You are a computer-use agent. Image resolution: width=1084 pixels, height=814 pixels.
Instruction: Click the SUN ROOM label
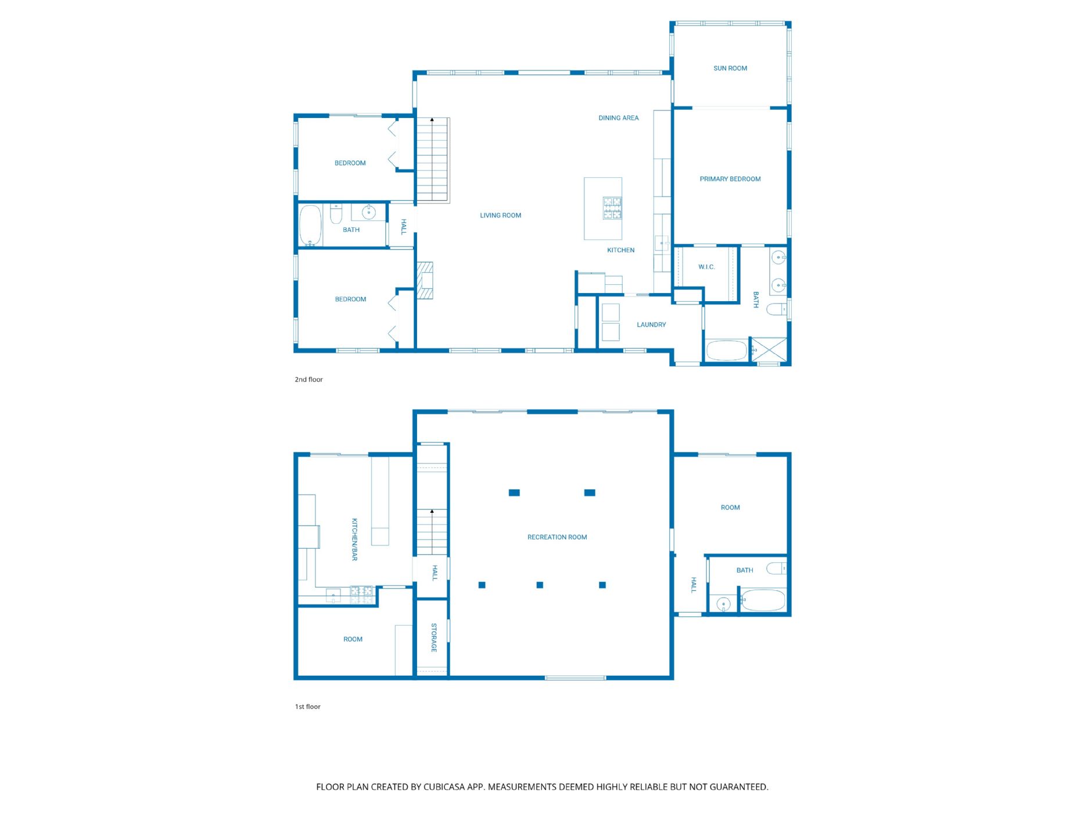pos(730,69)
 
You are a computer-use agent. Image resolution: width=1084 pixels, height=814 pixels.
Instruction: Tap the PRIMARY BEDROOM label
pos(730,179)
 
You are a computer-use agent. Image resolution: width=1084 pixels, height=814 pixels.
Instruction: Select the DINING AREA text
pos(619,118)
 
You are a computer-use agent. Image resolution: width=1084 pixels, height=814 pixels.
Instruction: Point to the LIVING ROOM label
pos(501,216)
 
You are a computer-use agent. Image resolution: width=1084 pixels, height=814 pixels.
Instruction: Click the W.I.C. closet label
pos(706,267)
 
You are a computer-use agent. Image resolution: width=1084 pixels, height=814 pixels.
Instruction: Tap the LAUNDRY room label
pos(651,325)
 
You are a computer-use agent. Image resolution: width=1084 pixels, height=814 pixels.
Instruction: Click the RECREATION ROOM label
pos(557,537)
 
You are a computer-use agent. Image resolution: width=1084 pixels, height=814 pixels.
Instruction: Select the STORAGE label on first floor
pos(434,638)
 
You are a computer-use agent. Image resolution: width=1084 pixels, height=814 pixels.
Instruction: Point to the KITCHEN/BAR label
pos(354,540)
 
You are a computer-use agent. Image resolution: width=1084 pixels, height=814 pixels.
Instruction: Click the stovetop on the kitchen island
pos(612,208)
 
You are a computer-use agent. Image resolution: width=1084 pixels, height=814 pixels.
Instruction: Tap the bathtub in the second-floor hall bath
pos(311,225)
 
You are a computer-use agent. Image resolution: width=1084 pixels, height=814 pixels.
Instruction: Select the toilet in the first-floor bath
pos(776,568)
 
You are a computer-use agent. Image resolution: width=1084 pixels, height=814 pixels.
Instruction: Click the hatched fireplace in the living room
pos(425,281)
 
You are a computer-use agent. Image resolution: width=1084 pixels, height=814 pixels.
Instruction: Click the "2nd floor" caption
pos(308,380)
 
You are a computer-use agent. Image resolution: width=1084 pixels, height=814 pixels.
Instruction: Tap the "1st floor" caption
pos(308,707)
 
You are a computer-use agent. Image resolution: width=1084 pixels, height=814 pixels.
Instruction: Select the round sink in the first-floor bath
pos(723,605)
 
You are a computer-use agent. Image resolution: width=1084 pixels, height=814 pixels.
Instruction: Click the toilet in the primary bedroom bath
pos(777,309)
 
